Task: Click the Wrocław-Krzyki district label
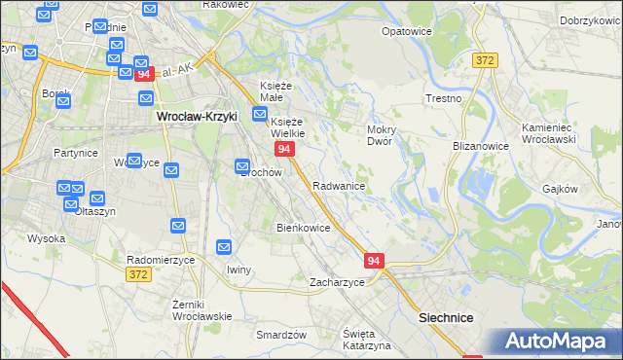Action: click(x=198, y=116)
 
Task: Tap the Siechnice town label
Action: click(x=445, y=317)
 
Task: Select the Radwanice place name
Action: click(x=339, y=185)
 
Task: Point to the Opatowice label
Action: click(x=406, y=31)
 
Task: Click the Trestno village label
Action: click(x=443, y=99)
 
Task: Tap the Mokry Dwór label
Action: click(x=379, y=134)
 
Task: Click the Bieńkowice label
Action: click(x=304, y=228)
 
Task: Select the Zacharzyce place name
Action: click(x=337, y=282)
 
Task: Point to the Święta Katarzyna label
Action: click(x=366, y=340)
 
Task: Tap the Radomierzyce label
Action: click(x=162, y=260)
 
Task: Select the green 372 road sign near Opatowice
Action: click(x=486, y=60)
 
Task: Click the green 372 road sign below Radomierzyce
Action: click(x=138, y=276)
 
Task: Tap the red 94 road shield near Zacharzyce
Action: click(x=375, y=261)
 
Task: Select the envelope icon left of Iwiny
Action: click(x=224, y=248)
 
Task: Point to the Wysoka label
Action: click(x=46, y=237)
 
